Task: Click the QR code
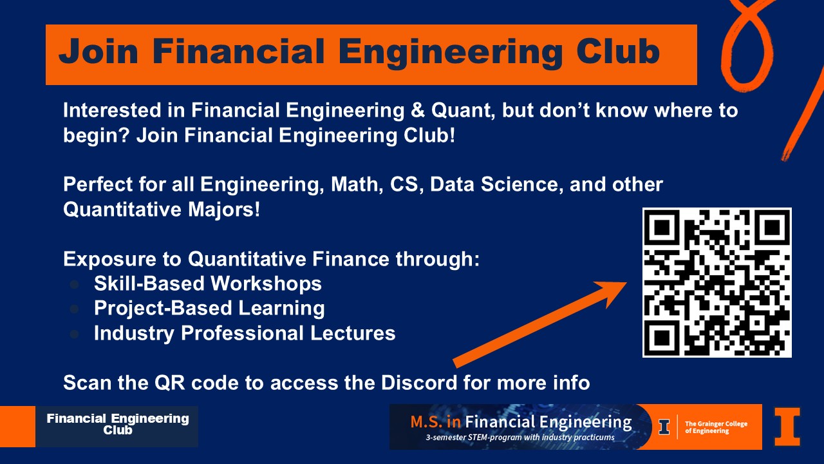(717, 282)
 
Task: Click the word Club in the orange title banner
(617, 52)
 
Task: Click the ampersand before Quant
(418, 110)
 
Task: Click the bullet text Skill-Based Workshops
(208, 284)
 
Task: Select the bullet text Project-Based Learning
(209, 309)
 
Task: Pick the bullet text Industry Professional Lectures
(245, 333)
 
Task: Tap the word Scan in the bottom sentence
(87, 383)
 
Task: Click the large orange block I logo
(787, 427)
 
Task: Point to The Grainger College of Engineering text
(716, 427)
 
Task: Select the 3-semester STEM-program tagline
(520, 438)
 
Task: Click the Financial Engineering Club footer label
(118, 424)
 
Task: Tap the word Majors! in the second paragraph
(223, 210)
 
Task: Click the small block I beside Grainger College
(664, 427)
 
